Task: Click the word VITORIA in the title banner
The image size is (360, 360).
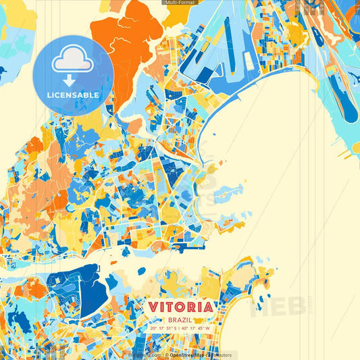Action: pyautogui.click(x=180, y=307)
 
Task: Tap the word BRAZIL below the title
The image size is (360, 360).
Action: pyautogui.click(x=180, y=319)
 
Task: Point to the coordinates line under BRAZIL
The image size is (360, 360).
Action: pyautogui.click(x=180, y=329)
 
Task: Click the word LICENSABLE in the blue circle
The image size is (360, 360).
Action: pyautogui.click(x=73, y=95)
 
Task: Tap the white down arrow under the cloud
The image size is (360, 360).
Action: pyautogui.click(x=73, y=80)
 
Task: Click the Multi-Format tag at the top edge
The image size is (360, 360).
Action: pyautogui.click(x=179, y=3)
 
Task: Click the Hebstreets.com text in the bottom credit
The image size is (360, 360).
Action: pyautogui.click(x=145, y=355)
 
